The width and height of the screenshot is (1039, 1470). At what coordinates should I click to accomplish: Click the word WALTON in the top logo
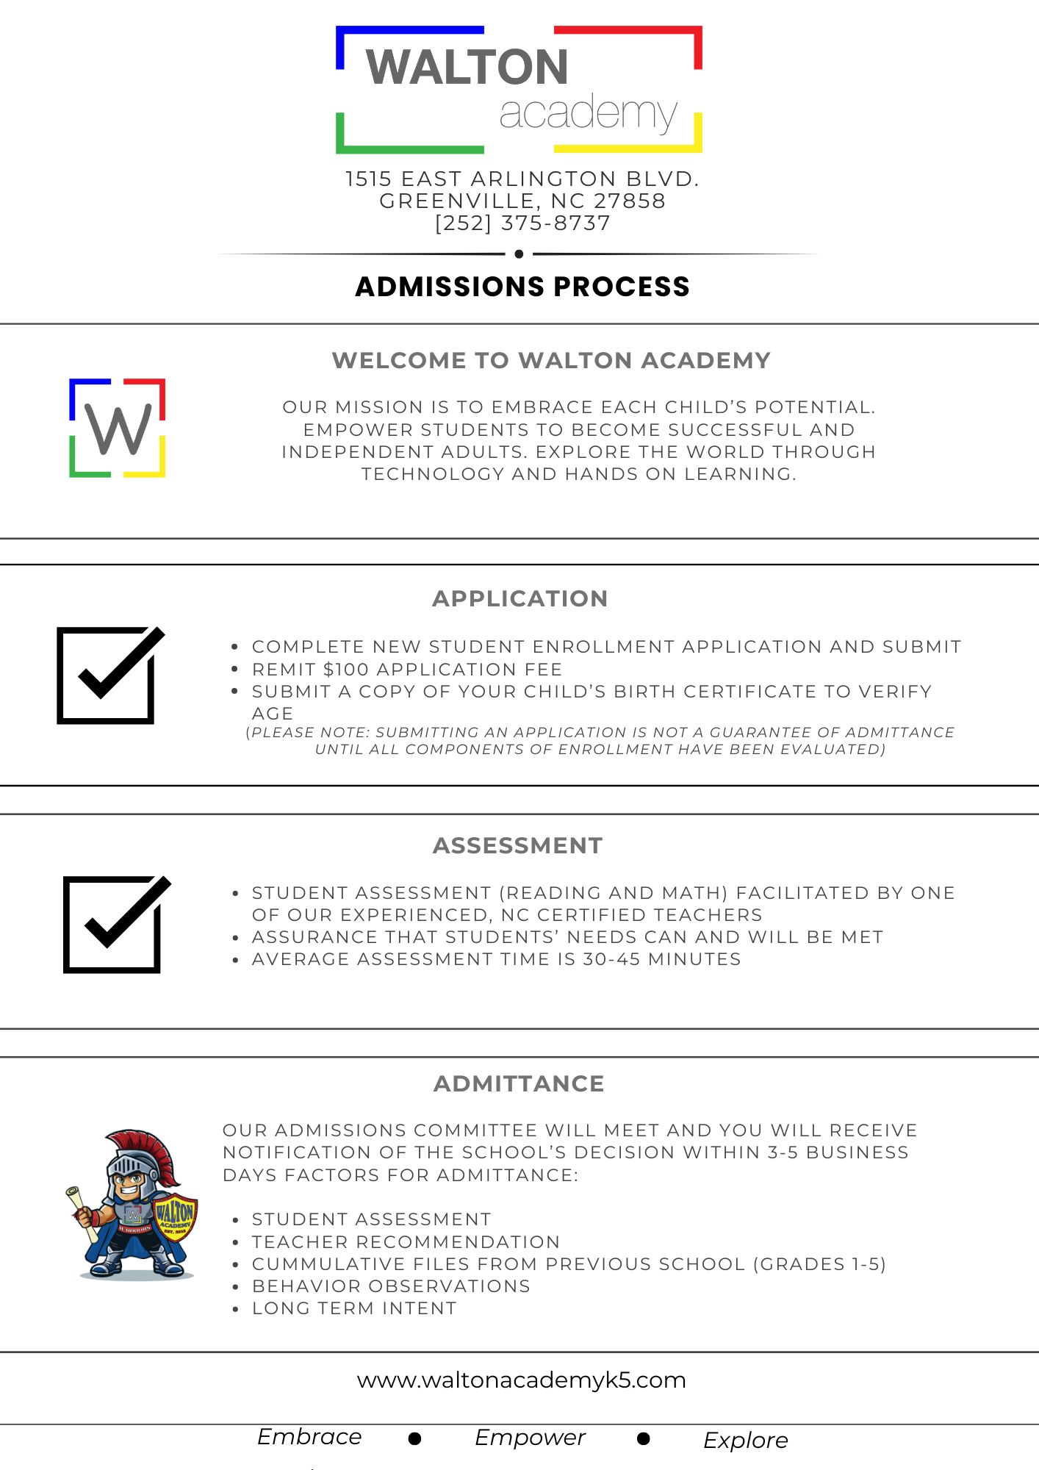[x=467, y=68]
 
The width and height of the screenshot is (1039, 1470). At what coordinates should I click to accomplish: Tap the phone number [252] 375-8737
[x=522, y=223]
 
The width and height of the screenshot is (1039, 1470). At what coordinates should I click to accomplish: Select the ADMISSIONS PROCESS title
[x=522, y=287]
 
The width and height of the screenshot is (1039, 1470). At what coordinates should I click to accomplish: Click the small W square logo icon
[x=118, y=428]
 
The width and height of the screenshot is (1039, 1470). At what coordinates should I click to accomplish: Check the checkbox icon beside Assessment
[x=115, y=924]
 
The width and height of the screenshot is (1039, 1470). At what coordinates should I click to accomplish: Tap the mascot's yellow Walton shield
[x=175, y=1217]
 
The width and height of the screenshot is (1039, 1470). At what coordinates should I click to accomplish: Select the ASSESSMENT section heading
[x=518, y=846]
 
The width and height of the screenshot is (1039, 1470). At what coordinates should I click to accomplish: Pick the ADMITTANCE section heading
[x=519, y=1084]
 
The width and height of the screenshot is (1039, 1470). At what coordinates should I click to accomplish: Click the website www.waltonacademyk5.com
[x=522, y=1380]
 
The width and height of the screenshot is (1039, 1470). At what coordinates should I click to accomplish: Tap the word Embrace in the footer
[x=309, y=1437]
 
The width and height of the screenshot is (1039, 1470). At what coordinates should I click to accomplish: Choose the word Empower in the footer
[x=530, y=1438]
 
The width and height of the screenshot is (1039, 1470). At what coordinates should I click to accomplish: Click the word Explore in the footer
[x=746, y=1441]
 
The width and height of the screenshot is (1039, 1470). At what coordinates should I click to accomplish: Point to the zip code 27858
[x=629, y=201]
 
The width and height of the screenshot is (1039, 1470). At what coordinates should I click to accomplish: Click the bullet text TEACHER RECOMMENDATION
[x=406, y=1242]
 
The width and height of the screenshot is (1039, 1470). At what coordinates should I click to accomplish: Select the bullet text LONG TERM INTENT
[x=354, y=1308]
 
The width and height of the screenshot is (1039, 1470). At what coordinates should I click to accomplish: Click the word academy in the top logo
[x=588, y=114]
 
